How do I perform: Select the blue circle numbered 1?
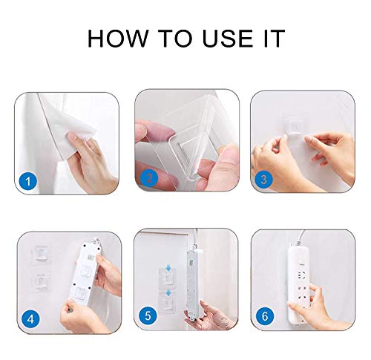28,181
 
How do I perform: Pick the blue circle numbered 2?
149,178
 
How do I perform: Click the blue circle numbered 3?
264,180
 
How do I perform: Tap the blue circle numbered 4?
30,319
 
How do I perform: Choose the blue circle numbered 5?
148,315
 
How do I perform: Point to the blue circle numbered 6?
265,316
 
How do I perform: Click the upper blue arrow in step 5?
168,268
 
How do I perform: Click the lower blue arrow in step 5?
168,293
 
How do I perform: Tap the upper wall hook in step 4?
41,254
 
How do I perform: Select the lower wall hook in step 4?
41,281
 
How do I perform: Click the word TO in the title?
175,38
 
